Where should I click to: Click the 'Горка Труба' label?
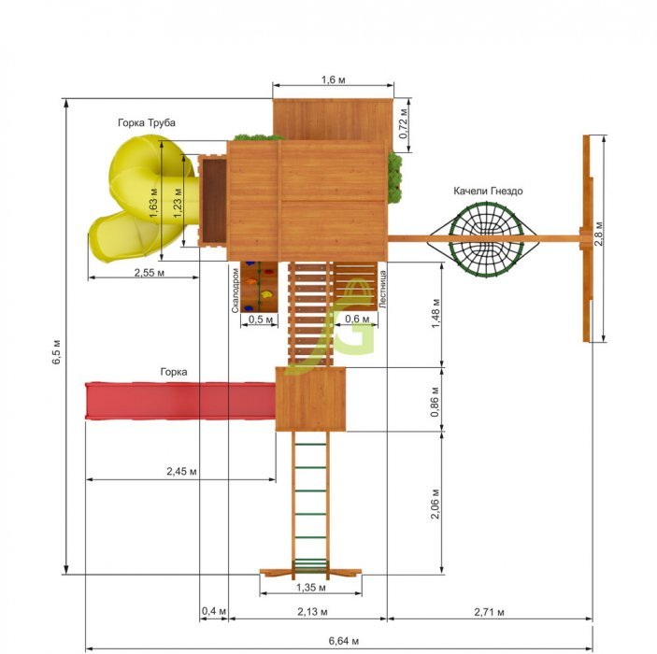[146, 122]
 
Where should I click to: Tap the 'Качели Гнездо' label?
[488, 191]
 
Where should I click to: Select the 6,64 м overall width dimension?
[344, 641]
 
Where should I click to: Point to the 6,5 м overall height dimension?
[57, 352]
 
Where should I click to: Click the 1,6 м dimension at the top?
[334, 79]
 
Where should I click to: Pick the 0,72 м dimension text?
[403, 123]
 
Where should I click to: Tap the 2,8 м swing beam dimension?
[599, 234]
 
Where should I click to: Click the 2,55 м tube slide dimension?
[150, 273]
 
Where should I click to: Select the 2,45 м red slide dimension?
[181, 471]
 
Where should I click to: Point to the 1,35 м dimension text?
[311, 588]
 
